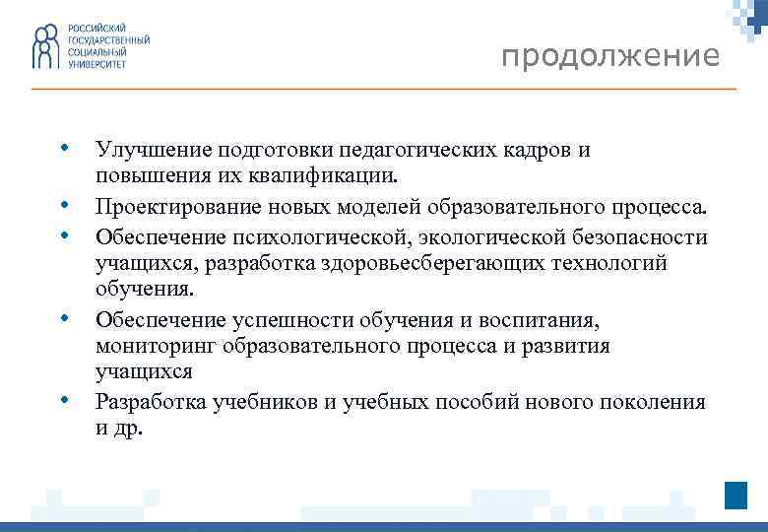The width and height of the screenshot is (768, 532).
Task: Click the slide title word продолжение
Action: pyautogui.click(x=609, y=57)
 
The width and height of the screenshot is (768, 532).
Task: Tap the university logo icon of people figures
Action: pyautogui.click(x=45, y=48)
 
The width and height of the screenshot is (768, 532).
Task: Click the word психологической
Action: pyautogui.click(x=308, y=238)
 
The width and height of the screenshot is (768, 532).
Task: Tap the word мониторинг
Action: pyautogui.click(x=156, y=346)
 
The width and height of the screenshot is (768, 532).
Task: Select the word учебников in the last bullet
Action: pyautogui.click(x=271, y=402)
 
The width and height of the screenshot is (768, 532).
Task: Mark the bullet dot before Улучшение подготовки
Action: pyautogui.click(x=63, y=149)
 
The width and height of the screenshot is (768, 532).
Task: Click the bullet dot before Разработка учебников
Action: pyautogui.click(x=63, y=400)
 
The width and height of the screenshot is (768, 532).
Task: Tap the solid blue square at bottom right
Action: pyautogui.click(x=736, y=495)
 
